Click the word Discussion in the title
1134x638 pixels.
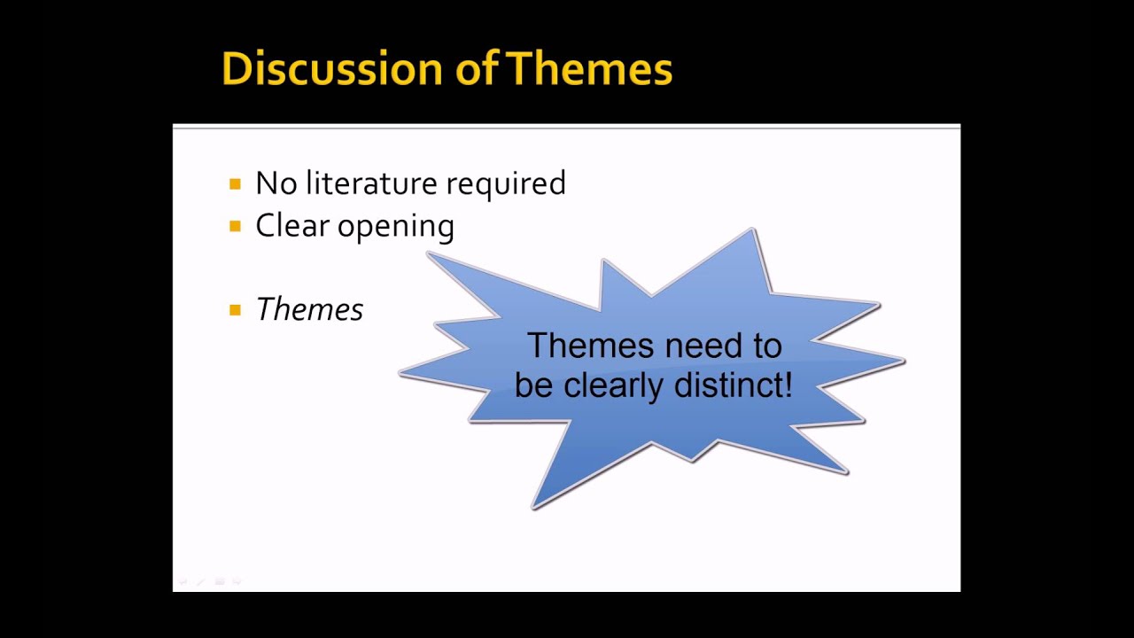pos(332,68)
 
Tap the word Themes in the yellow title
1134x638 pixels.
pos(590,68)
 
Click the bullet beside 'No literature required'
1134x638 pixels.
pos(235,183)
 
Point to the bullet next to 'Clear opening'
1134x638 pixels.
pos(235,226)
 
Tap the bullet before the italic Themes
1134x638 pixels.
pos(235,309)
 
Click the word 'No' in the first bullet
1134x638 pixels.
pos(276,183)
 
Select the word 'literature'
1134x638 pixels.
pos(371,183)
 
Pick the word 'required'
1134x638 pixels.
pos(506,184)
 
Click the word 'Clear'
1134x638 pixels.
pos(292,225)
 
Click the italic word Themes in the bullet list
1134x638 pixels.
pos(309,309)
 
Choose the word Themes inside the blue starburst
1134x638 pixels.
pos(590,346)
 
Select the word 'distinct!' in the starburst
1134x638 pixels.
pos(733,385)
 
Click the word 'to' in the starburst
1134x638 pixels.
pos(768,346)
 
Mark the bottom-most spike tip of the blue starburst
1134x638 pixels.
pos(533,509)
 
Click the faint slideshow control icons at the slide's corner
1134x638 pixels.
pos(210,581)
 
